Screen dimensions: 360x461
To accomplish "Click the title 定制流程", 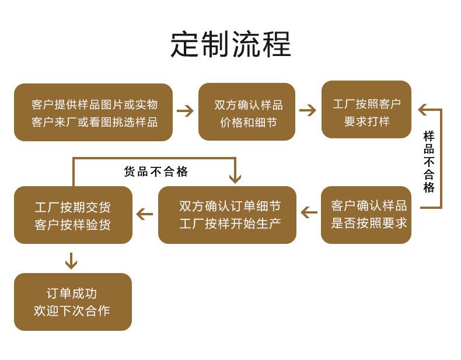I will point(230,44).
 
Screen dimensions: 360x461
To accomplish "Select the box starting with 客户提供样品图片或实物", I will point(93,113).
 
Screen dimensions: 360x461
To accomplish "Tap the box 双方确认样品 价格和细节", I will point(247,113).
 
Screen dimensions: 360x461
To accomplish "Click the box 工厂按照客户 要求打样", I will point(366,110).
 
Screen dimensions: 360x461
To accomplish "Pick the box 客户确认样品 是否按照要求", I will point(366,214).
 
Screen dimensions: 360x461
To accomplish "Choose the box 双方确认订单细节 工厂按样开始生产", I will point(227,214).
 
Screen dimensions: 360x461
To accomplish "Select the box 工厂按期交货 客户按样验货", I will point(73,215).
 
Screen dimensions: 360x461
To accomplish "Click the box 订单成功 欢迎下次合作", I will point(73,302).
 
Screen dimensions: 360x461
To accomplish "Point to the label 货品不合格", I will point(156,172).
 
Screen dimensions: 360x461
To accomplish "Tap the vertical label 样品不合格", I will point(429,162).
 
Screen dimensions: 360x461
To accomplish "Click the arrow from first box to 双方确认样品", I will point(185,111).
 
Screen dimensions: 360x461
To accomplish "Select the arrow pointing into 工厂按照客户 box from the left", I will point(308,110).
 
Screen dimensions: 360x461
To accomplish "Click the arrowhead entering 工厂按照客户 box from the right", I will point(423,110).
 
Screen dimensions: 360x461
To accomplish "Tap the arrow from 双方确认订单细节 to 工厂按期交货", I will point(145,214).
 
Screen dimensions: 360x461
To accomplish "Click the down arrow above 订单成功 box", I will point(71,260).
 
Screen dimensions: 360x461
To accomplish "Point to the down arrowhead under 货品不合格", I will point(235,177).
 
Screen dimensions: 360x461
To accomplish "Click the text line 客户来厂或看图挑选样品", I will point(94,122).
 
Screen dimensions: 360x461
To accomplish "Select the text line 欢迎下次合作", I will point(72,311).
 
